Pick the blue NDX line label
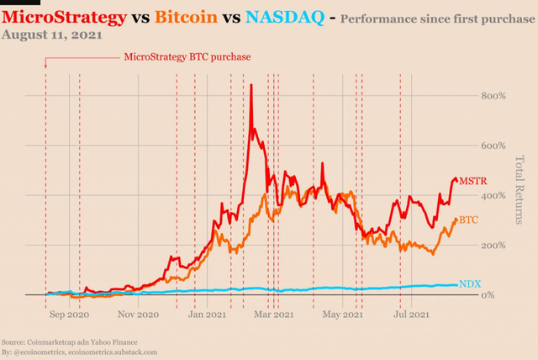(470, 285)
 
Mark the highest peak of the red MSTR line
(251, 84)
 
